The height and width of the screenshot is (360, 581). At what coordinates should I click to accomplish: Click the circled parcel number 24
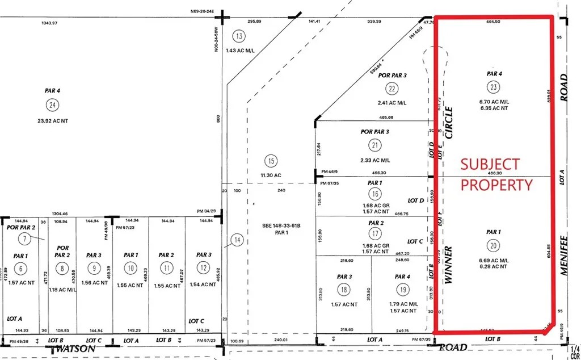pos(53,104)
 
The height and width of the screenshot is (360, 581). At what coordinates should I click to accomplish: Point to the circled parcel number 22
pos(392,89)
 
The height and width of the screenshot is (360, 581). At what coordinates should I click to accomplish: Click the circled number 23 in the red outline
pos(494,87)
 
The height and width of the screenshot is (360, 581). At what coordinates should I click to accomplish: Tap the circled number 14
pos(238,241)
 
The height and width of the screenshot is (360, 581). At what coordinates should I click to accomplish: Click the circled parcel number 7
pos(24,238)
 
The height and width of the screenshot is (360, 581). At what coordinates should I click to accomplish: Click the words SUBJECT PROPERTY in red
pos(496,174)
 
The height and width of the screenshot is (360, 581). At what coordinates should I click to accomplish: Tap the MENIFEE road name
pos(564,255)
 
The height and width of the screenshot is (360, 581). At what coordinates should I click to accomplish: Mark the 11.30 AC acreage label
pos(270,175)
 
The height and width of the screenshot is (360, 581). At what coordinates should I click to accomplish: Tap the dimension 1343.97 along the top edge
pos(50,23)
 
